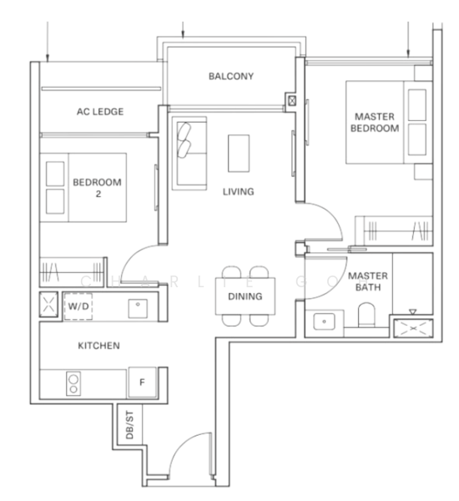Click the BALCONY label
[x=231, y=76]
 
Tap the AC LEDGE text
[x=100, y=112]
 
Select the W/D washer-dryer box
[x=78, y=306]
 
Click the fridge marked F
[x=143, y=382]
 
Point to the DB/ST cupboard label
[x=129, y=425]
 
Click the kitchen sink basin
[x=138, y=308]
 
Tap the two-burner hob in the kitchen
[x=73, y=383]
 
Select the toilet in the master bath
[x=366, y=315]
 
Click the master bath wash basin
[x=324, y=321]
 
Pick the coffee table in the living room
[x=239, y=154]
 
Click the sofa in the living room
[x=189, y=154]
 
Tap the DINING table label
[x=245, y=296]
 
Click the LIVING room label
[x=239, y=192]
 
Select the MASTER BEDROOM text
[x=375, y=123]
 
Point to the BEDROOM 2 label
[x=97, y=188]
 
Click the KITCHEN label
[x=99, y=346]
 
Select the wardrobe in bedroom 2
[x=73, y=272]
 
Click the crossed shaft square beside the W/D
[x=48, y=305]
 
